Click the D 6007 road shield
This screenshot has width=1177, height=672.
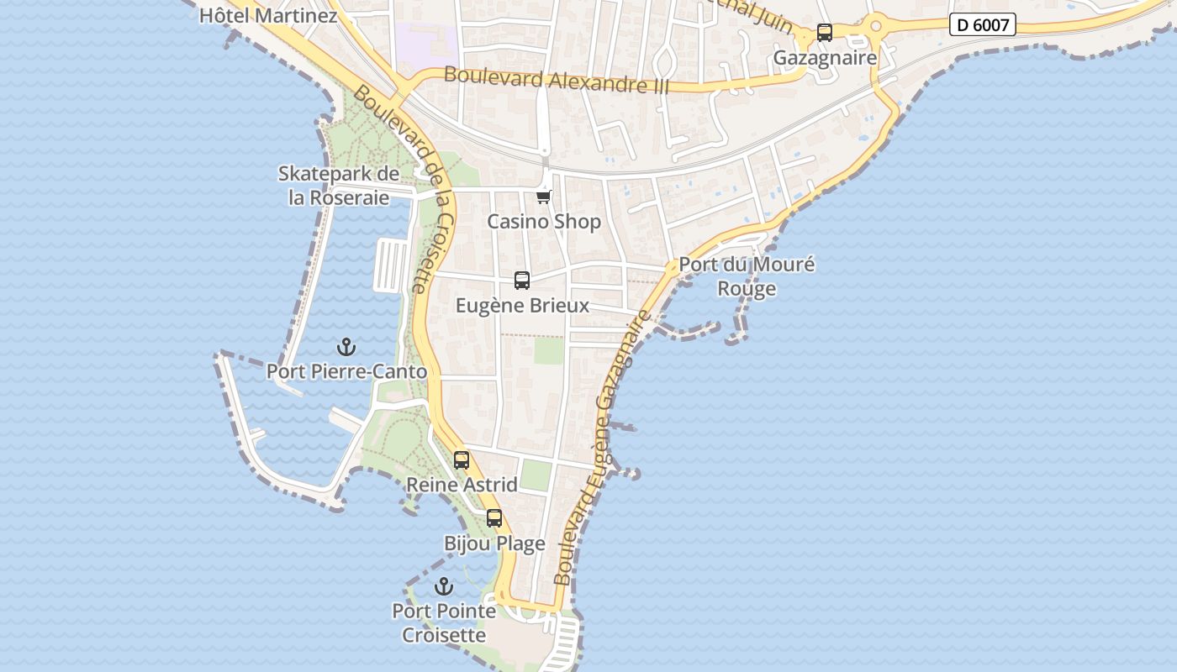[982, 25]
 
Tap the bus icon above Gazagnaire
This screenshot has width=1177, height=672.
[825, 33]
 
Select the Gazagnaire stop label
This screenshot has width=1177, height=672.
[825, 58]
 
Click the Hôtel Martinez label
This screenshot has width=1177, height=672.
[268, 15]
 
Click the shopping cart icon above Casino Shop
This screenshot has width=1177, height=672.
[544, 197]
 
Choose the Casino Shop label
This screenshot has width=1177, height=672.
[544, 222]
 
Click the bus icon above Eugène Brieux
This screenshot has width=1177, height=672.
[522, 281]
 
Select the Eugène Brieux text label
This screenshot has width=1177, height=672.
[522, 306]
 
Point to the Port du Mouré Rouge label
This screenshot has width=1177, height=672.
[747, 276]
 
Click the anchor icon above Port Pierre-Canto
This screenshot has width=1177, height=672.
[346, 346]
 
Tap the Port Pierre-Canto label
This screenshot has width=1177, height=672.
[346, 371]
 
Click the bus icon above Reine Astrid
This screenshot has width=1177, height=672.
[462, 460]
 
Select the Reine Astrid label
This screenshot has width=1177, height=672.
[462, 485]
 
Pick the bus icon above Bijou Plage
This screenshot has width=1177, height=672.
[494, 518]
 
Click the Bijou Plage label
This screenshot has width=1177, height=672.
[494, 543]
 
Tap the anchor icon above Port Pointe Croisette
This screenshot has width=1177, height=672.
[443, 586]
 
